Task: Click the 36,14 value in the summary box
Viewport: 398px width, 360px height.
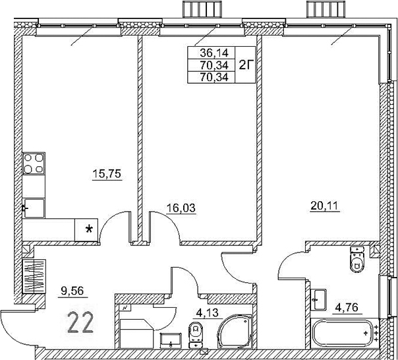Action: coord(202,55)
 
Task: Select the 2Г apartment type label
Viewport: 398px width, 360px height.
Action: coord(244,65)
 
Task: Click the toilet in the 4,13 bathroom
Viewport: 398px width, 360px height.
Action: coord(196,334)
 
